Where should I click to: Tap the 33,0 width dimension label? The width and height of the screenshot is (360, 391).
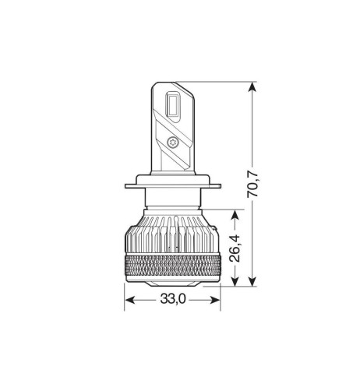coord(172,298)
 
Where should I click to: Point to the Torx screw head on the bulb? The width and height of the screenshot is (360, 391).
coord(172,143)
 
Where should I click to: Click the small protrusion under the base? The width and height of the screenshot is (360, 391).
coord(173,284)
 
